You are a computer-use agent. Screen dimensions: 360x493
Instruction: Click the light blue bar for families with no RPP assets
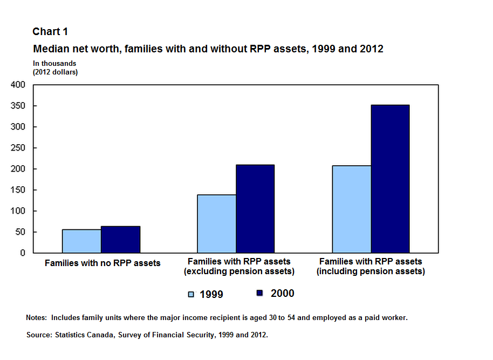(81, 241)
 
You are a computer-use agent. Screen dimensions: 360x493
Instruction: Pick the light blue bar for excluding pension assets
(216, 223)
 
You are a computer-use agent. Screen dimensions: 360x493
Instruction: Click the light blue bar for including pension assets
(351, 209)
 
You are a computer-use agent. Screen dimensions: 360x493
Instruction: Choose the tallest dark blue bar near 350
(390, 179)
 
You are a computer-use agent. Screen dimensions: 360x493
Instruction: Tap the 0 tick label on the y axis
(22, 253)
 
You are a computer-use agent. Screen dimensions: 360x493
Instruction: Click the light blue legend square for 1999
(191, 294)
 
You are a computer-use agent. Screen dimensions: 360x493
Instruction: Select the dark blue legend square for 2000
(259, 293)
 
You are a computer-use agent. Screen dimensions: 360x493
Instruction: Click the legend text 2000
(282, 293)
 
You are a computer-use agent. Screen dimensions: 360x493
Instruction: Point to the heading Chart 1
(50, 32)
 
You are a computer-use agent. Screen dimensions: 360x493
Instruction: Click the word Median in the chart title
(50, 49)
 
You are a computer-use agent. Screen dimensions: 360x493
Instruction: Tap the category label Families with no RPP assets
(102, 263)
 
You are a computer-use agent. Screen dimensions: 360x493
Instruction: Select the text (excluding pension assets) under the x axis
(239, 271)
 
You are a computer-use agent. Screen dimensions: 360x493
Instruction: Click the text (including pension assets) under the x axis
(371, 271)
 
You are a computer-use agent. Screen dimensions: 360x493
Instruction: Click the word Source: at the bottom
(39, 335)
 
